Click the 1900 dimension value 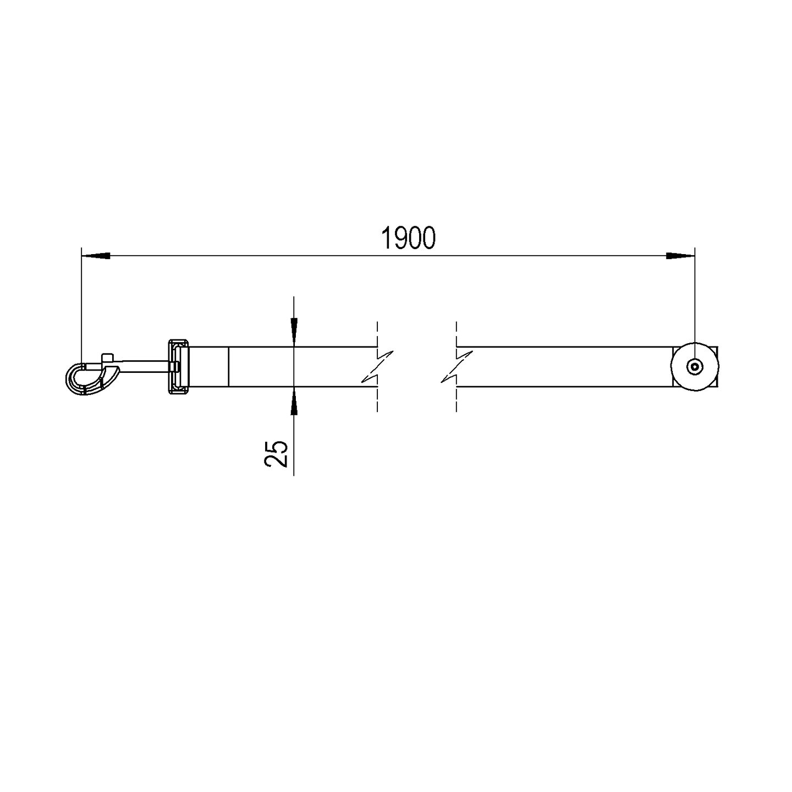(408, 238)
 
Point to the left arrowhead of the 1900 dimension (96, 256)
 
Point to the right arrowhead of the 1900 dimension (680, 256)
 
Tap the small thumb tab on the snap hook (107, 357)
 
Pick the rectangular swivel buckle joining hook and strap (179, 367)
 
